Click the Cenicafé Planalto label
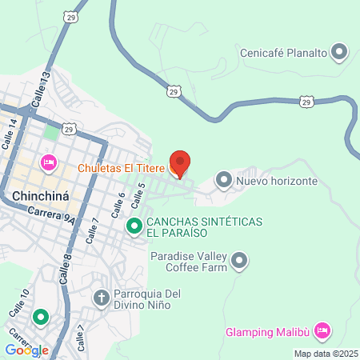point(284,54)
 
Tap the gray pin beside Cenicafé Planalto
point(339,54)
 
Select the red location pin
point(181,164)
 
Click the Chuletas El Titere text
point(121,168)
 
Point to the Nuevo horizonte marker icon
point(223,180)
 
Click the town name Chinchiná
point(44,195)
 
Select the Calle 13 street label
point(41,87)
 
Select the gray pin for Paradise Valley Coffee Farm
point(239,260)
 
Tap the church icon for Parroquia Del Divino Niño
point(102,298)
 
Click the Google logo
point(26,350)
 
